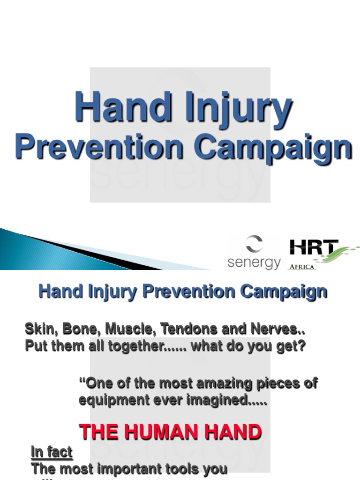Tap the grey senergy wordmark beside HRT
[x=254, y=263]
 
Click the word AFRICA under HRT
[x=301, y=267]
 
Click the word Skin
[x=39, y=329]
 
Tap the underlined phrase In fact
[x=52, y=452]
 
